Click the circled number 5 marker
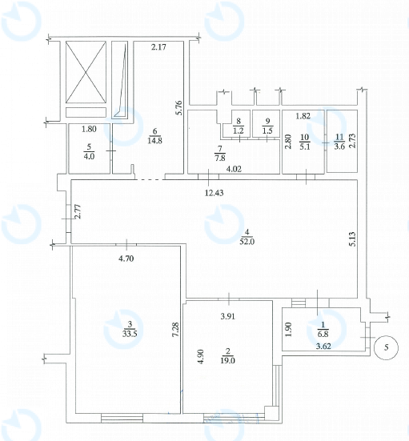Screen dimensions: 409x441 (386, 347)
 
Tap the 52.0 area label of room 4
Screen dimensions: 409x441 (247, 242)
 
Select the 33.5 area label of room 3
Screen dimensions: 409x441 (130, 334)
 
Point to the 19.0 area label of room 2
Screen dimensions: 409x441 (227, 360)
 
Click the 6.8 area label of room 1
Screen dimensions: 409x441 (323, 334)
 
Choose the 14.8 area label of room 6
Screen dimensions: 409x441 (154, 140)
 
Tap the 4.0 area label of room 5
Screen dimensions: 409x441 (89, 156)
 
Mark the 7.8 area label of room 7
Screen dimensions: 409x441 (220, 158)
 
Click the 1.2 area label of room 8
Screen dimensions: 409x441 (239, 130)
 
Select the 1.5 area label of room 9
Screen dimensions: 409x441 (267, 130)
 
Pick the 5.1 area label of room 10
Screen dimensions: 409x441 (305, 146)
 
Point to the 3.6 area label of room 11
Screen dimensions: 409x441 (339, 146)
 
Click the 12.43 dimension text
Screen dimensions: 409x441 (214, 193)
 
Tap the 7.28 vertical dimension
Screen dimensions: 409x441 (176, 329)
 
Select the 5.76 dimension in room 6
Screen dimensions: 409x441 (180, 108)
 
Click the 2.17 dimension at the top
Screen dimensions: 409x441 (158, 47)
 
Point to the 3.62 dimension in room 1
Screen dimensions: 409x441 (323, 347)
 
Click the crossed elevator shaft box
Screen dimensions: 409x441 (86, 72)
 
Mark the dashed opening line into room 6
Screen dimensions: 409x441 (150, 179)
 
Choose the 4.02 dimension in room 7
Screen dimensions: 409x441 (234, 169)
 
